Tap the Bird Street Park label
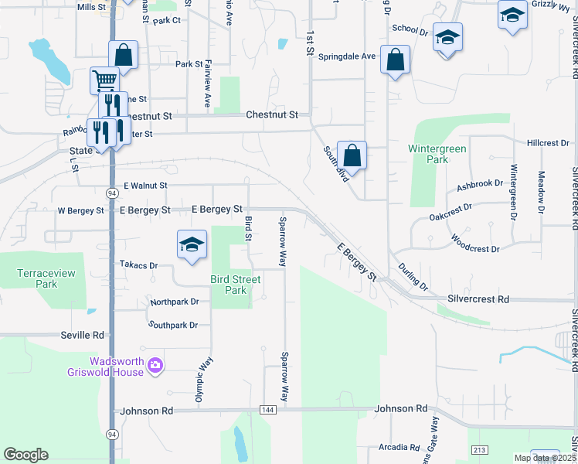[229, 285]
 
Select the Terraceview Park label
[36, 278]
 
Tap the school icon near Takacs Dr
[191, 245]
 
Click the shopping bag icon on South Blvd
[352, 155]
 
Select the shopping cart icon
[104, 80]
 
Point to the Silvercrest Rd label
[478, 299]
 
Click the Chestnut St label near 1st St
[271, 114]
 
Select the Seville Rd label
[82, 336]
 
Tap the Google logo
[25, 455]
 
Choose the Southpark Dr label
[173, 326]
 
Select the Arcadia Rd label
[399, 448]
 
